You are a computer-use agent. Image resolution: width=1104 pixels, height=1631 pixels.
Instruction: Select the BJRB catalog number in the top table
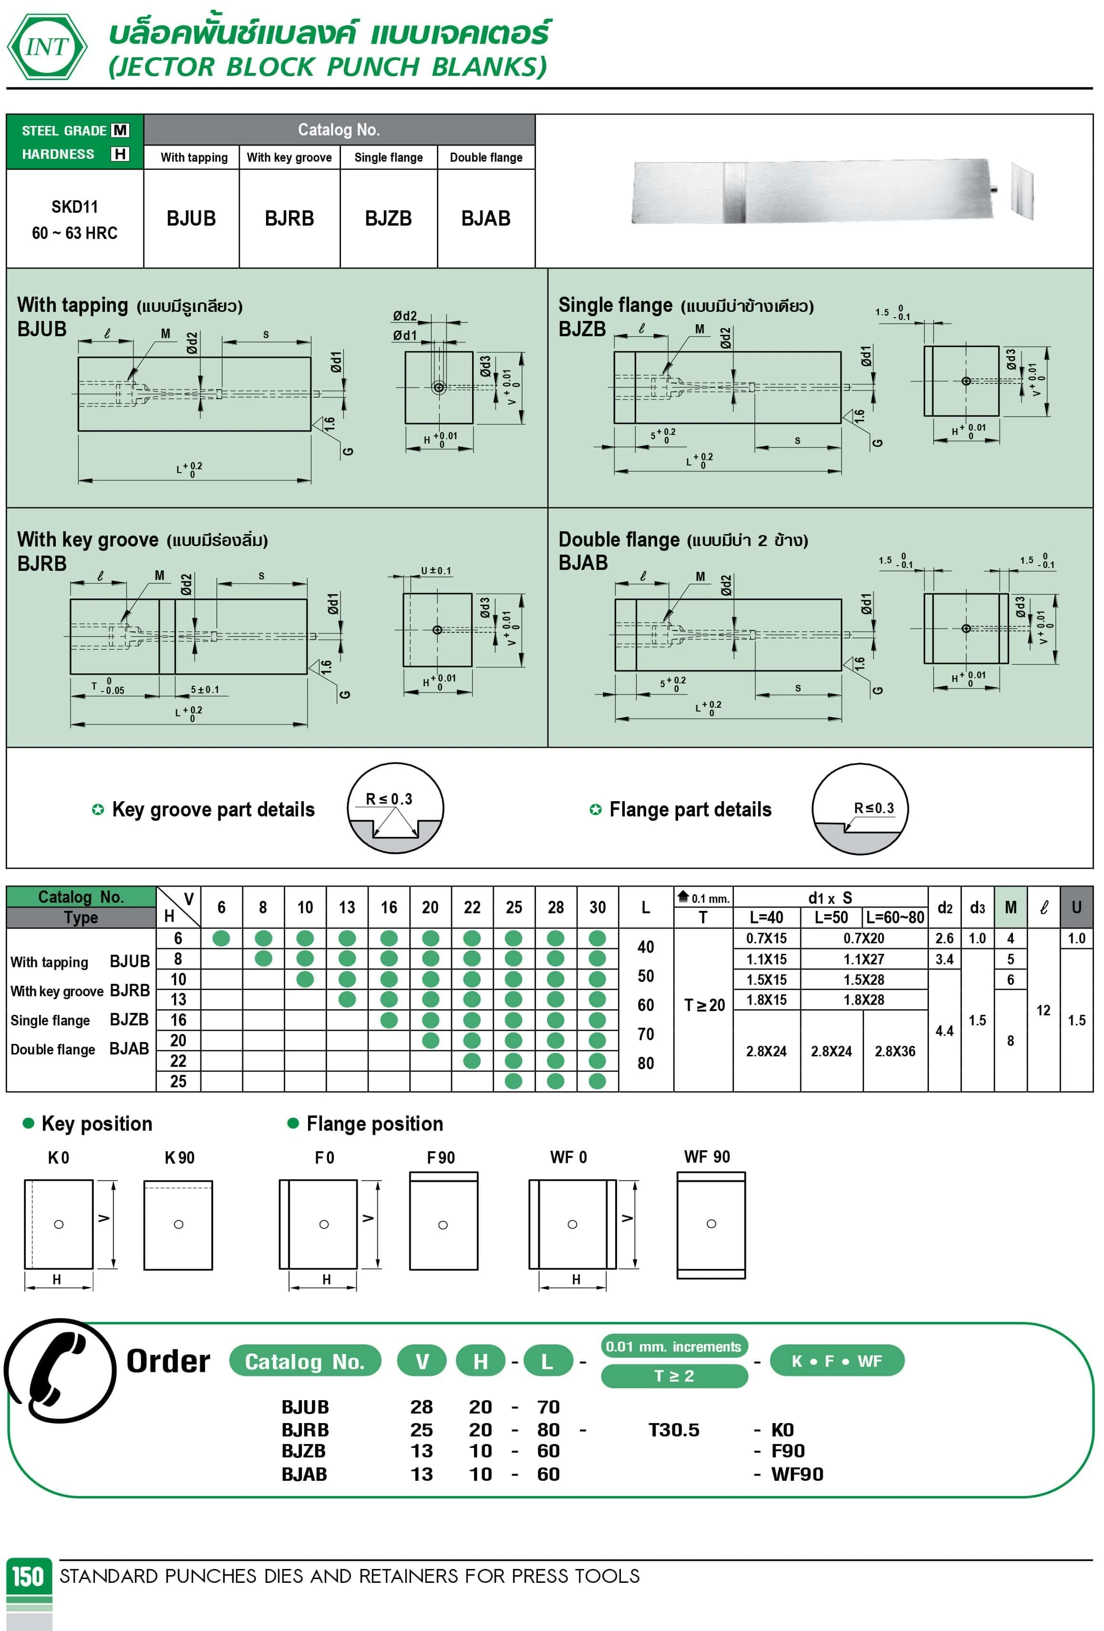tap(289, 218)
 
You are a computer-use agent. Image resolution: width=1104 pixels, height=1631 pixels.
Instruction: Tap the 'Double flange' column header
tap(485, 157)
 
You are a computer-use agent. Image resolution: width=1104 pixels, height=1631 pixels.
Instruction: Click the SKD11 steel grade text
tap(74, 207)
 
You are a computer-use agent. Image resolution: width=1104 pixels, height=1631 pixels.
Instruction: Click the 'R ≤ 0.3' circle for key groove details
tap(395, 808)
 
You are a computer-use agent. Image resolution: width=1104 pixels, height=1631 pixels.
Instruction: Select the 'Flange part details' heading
tap(690, 809)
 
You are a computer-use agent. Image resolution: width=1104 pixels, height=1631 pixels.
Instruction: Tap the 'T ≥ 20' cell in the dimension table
tap(704, 1005)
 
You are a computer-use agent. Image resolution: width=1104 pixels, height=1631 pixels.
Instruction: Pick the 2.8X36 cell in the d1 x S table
tap(895, 1051)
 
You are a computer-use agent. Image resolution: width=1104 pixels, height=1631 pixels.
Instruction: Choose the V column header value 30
tap(597, 908)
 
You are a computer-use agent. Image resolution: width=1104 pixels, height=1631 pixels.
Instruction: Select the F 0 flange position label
tap(324, 1157)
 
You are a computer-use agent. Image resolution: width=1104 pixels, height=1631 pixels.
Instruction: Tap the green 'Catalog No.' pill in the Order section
tap(305, 1362)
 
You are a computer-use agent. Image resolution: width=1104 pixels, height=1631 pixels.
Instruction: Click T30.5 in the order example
tap(674, 1430)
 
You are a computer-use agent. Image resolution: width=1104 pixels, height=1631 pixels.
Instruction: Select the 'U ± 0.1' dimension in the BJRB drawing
tap(436, 570)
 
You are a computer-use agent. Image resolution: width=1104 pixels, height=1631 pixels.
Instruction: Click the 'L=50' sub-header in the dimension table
tap(831, 917)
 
